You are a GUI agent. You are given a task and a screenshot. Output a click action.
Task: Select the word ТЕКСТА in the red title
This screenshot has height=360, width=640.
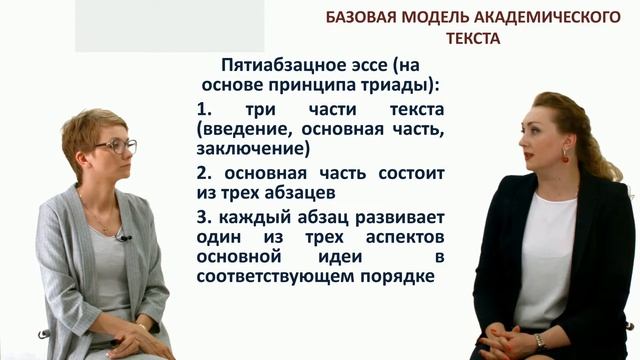point(473,38)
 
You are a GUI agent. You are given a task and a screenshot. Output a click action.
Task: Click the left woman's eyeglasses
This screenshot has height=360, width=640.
point(118,147)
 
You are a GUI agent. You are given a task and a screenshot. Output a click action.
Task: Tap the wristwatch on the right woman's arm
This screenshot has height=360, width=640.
point(539,340)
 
